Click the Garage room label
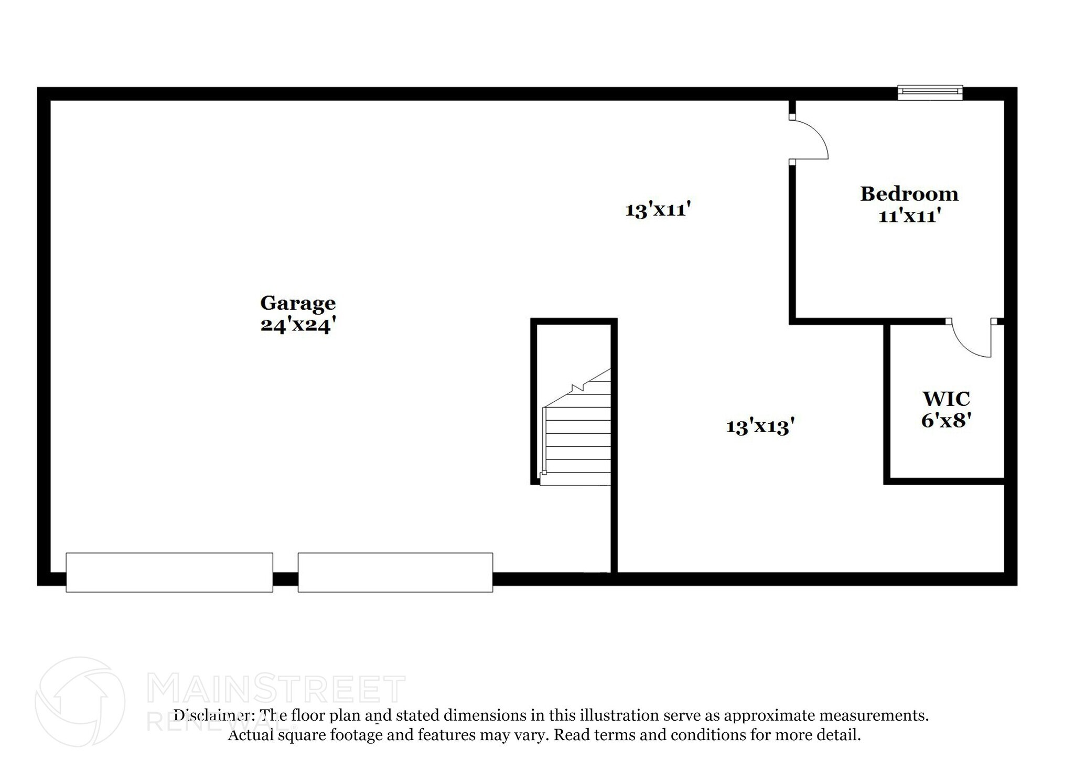click(x=297, y=303)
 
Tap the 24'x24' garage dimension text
click(x=297, y=325)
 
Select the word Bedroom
click(x=909, y=194)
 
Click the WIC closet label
click(x=946, y=399)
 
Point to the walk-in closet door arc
click(x=968, y=344)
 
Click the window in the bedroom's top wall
click(x=930, y=93)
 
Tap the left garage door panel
click(x=169, y=572)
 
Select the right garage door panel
click(x=395, y=572)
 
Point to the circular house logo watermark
click(x=80, y=702)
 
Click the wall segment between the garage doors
click(x=285, y=579)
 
